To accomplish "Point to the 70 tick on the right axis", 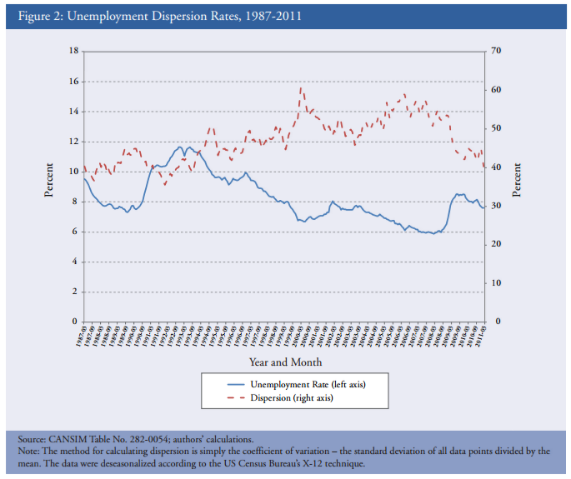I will click(x=496, y=52).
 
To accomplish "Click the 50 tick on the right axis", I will click(x=496, y=128).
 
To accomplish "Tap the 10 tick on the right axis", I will click(x=496, y=283).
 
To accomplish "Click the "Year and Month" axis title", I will click(x=285, y=362).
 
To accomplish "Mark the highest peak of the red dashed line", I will click(x=301, y=88).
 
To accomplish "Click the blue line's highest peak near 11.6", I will click(x=179, y=147).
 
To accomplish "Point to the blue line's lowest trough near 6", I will click(x=433, y=233).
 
